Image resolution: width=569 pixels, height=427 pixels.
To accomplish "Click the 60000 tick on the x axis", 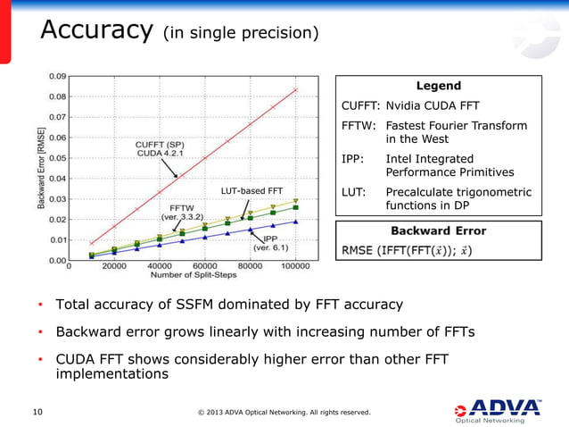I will [205, 266].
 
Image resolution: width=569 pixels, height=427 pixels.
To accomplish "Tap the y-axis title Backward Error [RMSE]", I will [42, 169].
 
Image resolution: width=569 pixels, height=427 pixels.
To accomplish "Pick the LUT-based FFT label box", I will [252, 190].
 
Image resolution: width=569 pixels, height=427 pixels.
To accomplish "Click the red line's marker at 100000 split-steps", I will [295, 89].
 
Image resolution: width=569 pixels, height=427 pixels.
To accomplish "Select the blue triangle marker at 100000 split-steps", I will [295, 222].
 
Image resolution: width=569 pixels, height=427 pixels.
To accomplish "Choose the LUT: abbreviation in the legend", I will [357, 192].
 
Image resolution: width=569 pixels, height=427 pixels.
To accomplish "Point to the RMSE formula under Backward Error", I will [408, 249].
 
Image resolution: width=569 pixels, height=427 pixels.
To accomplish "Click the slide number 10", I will [37, 412].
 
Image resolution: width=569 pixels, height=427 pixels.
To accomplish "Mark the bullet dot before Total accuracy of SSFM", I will [40, 305].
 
